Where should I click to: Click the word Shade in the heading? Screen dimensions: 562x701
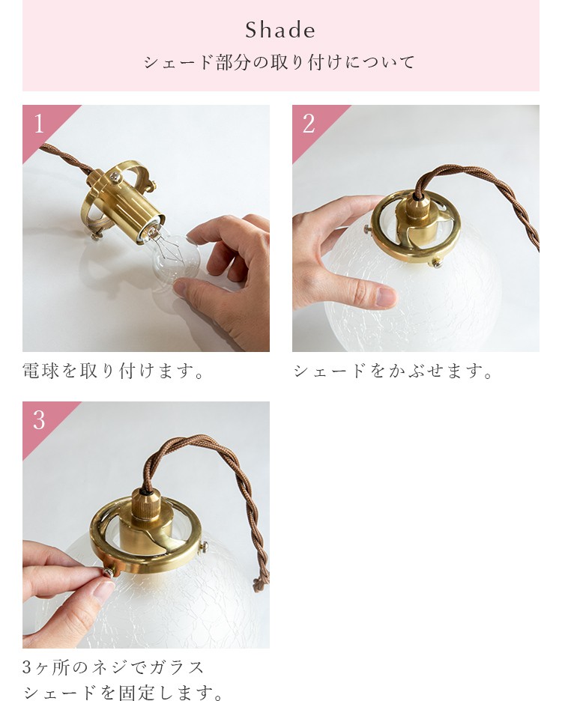(x=280, y=31)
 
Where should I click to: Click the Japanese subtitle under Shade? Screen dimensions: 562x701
(x=280, y=62)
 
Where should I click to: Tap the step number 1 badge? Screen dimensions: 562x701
(x=40, y=124)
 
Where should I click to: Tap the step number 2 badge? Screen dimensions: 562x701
(x=309, y=124)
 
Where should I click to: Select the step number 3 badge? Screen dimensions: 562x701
(x=39, y=420)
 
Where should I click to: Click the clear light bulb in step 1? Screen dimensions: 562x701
(x=172, y=257)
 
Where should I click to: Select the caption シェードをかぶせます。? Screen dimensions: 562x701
(x=393, y=371)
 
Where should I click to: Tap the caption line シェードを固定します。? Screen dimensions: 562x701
(x=123, y=692)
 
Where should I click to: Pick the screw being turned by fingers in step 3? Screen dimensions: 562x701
(x=107, y=572)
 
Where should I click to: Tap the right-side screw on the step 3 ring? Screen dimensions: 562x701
(x=204, y=546)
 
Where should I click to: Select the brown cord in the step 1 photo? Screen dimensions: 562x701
(x=67, y=159)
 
